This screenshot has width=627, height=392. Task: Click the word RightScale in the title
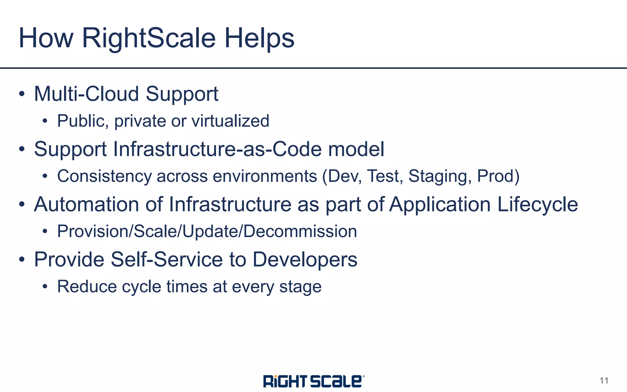click(149, 38)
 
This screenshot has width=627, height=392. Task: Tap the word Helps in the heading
click(259, 38)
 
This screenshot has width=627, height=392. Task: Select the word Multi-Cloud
click(87, 94)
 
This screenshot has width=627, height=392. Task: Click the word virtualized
click(230, 121)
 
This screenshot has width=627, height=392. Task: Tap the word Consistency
click(104, 176)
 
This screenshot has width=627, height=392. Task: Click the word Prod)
click(498, 176)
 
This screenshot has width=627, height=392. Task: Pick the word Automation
click(87, 204)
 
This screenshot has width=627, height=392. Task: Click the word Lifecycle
click(538, 204)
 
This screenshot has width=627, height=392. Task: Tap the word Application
click(440, 204)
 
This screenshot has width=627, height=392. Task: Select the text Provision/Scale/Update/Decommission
click(207, 232)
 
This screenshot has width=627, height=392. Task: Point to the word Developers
click(305, 260)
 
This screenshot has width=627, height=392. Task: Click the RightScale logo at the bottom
click(313, 381)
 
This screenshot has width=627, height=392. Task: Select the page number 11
click(604, 381)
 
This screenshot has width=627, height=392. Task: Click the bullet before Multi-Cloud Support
click(21, 94)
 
